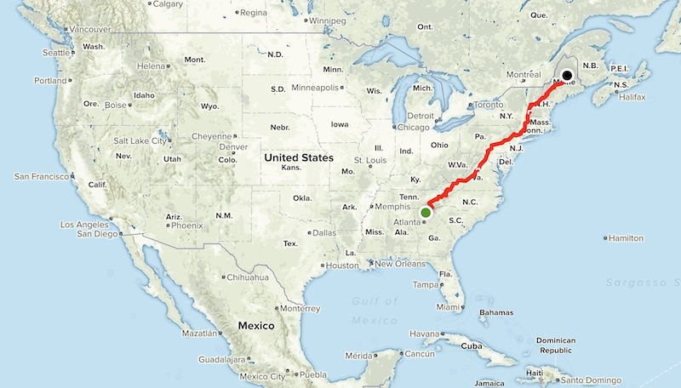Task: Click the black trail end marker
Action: (x=567, y=75)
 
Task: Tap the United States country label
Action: (x=298, y=158)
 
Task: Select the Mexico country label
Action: (x=256, y=326)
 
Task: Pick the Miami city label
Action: (x=449, y=307)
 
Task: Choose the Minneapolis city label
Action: (x=317, y=88)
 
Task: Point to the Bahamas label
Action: (x=495, y=312)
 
